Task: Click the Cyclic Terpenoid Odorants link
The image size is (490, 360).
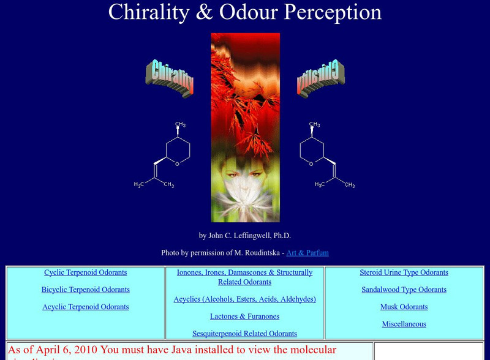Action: point(85,272)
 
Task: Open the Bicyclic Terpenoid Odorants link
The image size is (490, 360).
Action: point(85,290)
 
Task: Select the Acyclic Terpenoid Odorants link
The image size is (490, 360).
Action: point(85,307)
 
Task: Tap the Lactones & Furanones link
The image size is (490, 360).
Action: point(244,317)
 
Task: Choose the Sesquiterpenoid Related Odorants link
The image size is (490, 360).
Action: point(244,334)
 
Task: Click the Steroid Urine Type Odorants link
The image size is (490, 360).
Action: point(404,272)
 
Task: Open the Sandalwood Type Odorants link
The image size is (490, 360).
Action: point(404,290)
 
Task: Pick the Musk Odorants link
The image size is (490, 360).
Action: point(404,307)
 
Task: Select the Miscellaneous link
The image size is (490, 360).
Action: point(404,324)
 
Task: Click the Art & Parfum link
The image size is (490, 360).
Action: point(307,252)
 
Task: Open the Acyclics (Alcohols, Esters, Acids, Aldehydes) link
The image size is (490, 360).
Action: point(244,299)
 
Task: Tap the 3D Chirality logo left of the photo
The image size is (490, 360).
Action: point(170,78)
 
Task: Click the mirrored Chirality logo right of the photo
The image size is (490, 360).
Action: point(321,78)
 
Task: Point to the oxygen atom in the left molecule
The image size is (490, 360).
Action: point(176,163)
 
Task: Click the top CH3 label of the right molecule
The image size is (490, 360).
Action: point(315,125)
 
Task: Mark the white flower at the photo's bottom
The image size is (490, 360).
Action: point(245,202)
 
